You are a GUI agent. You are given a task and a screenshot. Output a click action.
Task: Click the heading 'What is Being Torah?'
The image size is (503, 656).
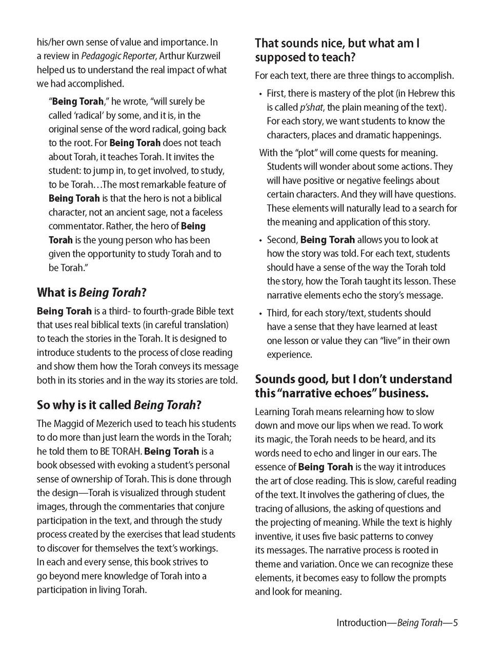(92, 293)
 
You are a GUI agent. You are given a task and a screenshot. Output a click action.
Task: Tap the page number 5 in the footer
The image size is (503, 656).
(455, 623)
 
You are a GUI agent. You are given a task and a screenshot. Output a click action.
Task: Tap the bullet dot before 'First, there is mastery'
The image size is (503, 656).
(260, 94)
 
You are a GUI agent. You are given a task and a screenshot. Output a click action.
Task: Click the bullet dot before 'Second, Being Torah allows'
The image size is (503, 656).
(260, 240)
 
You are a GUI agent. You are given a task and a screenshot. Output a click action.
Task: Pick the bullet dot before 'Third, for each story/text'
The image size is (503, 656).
(260, 313)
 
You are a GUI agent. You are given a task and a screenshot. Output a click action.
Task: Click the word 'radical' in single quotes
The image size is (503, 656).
(89, 115)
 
